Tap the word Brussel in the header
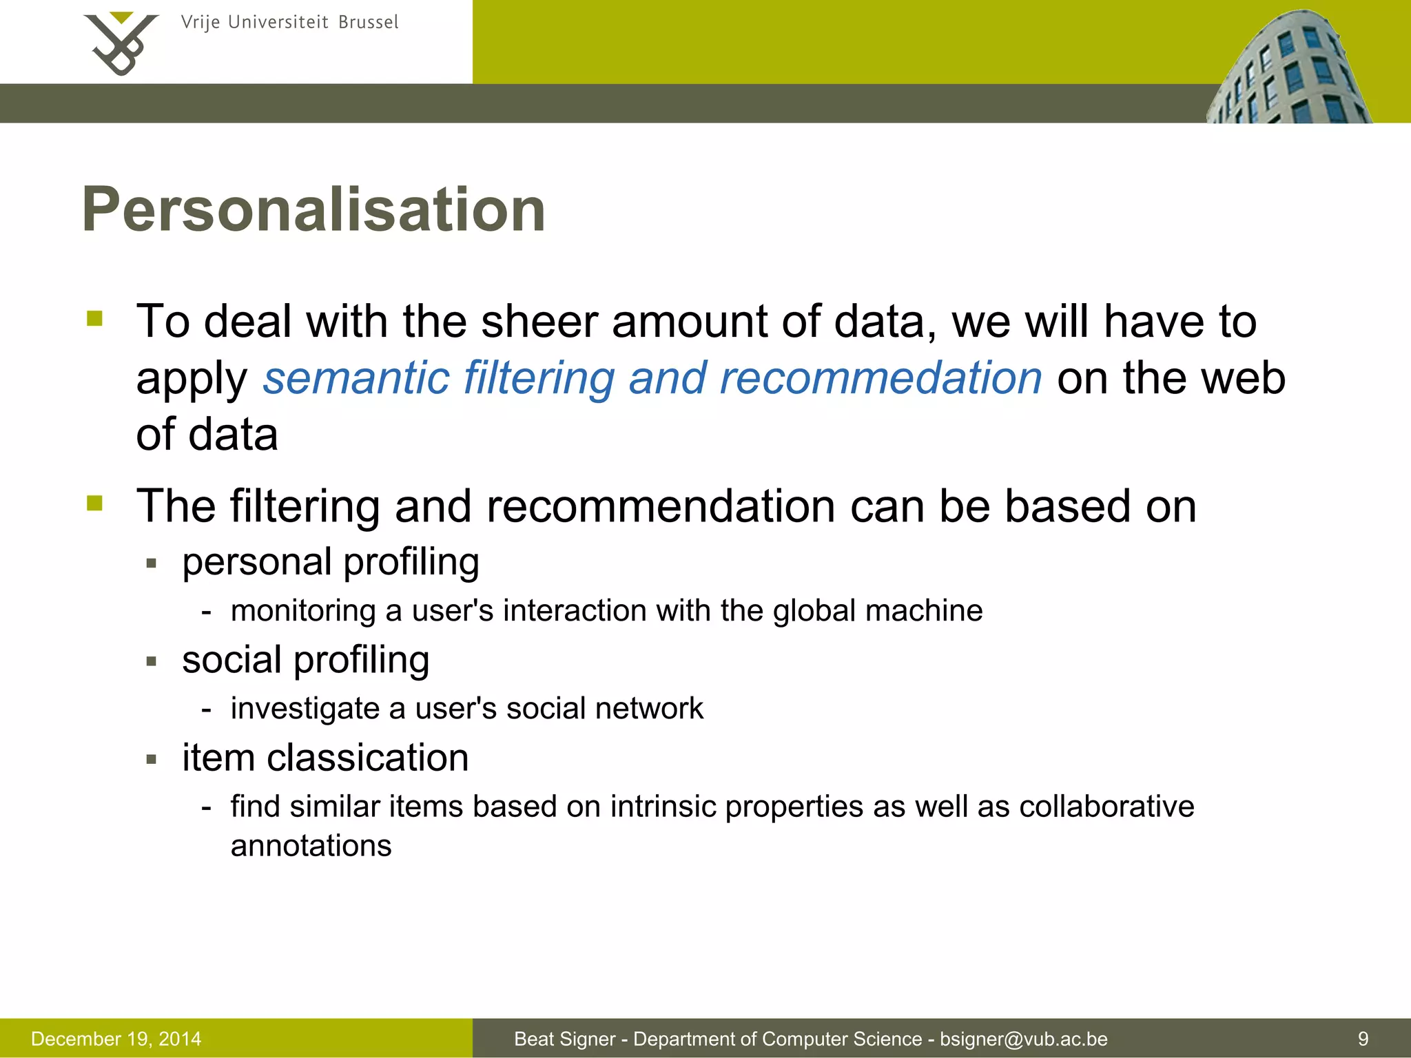[x=369, y=23]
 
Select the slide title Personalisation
[x=313, y=209]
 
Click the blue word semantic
[x=356, y=378]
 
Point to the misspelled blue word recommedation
[x=880, y=378]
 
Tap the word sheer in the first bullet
[x=539, y=322]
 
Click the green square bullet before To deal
[x=95, y=318]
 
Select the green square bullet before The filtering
[x=95, y=503]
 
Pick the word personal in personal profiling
[x=256, y=563]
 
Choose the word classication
[x=367, y=758]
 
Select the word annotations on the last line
[x=311, y=847]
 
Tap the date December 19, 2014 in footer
[x=116, y=1039]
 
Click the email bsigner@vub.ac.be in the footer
[x=1024, y=1039]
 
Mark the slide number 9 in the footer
[x=1363, y=1039]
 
